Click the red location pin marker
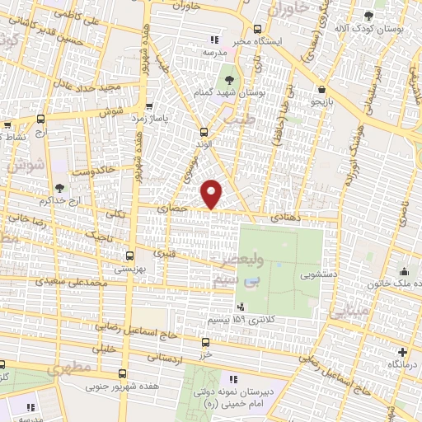pos(212,193)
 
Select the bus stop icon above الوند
pos(204,132)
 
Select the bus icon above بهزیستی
pos(129,256)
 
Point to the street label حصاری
pos(179,210)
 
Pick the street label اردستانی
pos(164,359)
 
